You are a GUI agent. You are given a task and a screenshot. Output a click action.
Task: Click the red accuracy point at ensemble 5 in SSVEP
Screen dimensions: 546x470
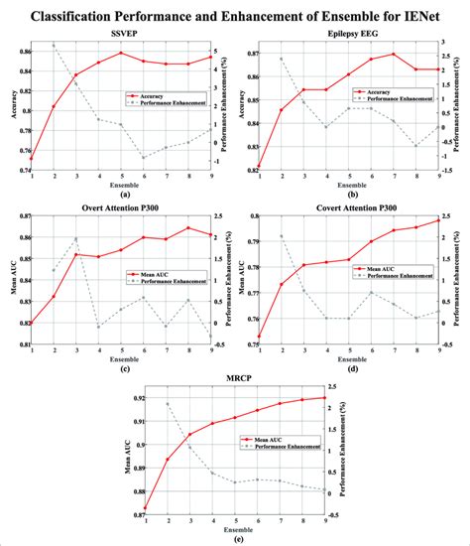tap(121, 54)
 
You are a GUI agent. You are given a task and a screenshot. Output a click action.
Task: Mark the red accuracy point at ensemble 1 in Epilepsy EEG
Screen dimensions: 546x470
tap(259, 166)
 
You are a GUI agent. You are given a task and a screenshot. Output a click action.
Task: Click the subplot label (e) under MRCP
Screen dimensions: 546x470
tap(234, 539)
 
